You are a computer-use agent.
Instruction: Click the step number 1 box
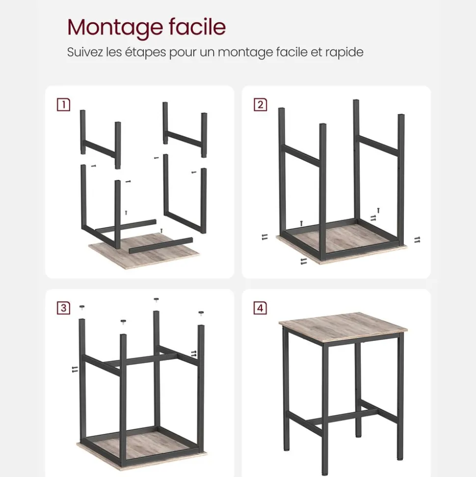[63, 105]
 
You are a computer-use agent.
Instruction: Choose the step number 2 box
[260, 105]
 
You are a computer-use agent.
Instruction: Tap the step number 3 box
[63, 308]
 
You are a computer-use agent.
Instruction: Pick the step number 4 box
[260, 308]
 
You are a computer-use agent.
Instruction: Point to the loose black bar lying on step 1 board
[161, 246]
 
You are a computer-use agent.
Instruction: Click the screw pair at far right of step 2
[417, 240]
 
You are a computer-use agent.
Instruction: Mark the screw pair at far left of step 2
[265, 237]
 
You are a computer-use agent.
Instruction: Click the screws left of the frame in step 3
[75, 369]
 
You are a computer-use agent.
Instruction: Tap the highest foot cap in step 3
[156, 300]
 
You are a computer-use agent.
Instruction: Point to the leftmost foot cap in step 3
[82, 307]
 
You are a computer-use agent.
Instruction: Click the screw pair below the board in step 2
[303, 261]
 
